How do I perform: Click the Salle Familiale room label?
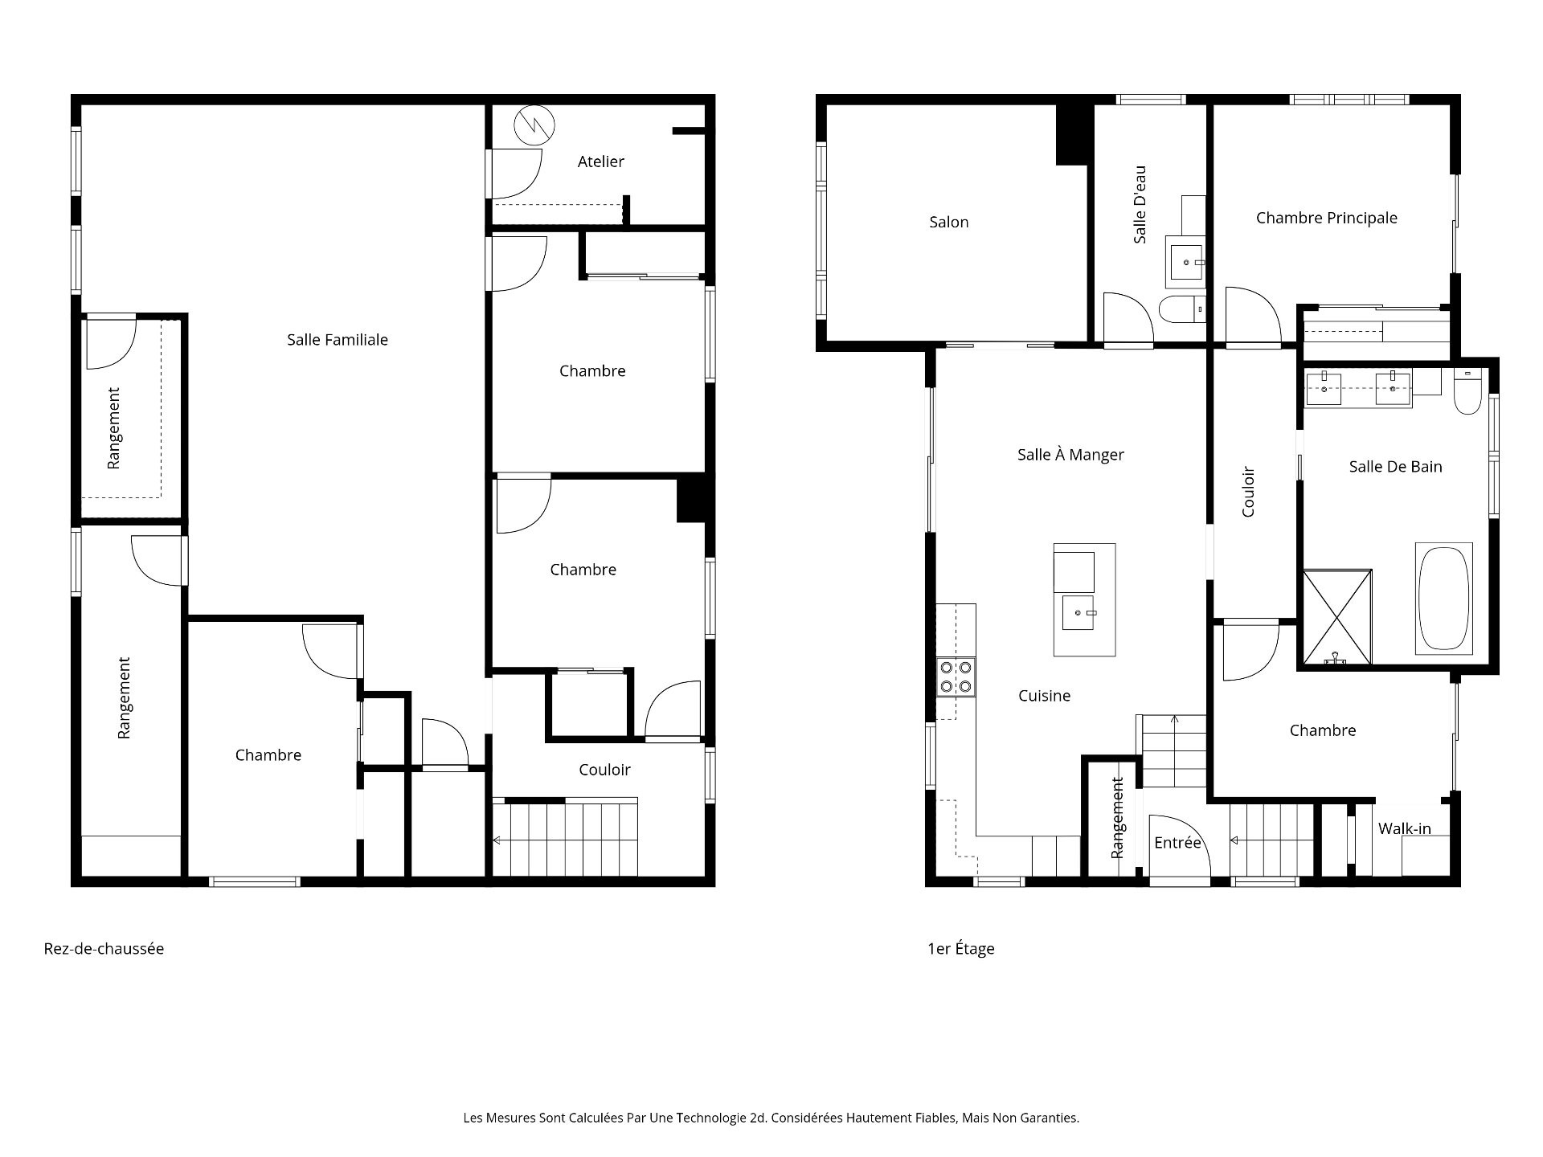pos(338,340)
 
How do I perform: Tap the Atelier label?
pos(601,161)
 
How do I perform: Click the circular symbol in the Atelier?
pos(534,125)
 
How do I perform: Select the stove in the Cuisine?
pos(956,677)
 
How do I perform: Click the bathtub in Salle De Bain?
pos(1443,599)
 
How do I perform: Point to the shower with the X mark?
pos(1337,617)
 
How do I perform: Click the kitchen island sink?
pos(1079,613)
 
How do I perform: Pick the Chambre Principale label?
pos(1327,218)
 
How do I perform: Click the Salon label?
pos(949,222)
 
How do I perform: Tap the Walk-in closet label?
pos(1405,828)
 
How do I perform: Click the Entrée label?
pos(1177,842)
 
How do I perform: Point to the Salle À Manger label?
pos(1070,454)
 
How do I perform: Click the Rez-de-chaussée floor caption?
pos(104,949)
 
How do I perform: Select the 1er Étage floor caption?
pos(961,949)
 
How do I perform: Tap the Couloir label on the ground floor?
pos(604,770)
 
